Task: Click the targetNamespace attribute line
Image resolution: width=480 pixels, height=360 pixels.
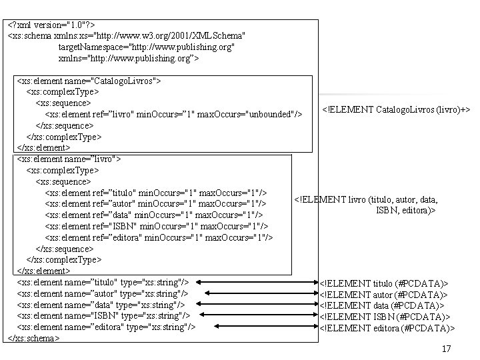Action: (x=147, y=47)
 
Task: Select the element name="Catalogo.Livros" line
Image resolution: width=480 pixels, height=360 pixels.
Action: (x=89, y=81)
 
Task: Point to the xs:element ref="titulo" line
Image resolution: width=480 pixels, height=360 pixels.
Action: (x=157, y=193)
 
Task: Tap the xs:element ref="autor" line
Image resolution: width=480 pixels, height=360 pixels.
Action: (x=156, y=203)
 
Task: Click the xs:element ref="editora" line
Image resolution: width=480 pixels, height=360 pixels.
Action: (x=159, y=237)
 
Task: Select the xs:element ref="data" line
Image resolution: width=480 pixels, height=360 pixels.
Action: (x=153, y=215)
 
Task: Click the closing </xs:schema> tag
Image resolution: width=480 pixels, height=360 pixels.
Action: (x=33, y=338)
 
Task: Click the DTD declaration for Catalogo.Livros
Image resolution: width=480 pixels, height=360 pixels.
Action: (x=396, y=109)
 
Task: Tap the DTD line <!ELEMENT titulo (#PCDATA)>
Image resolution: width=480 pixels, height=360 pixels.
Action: (x=384, y=283)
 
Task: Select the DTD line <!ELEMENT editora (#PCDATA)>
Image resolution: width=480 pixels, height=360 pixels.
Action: (x=387, y=327)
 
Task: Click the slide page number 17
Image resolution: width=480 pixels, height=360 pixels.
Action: (x=446, y=349)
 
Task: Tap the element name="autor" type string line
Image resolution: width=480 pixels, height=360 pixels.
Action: (x=102, y=293)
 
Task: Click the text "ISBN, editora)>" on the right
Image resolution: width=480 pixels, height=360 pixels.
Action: (x=405, y=209)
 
